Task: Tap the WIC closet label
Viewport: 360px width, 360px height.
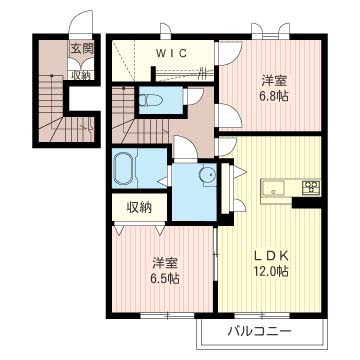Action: (x=160, y=52)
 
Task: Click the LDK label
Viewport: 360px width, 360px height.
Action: (x=270, y=253)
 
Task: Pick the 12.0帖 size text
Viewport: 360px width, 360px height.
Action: (x=270, y=269)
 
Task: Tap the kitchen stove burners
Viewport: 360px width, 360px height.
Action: (x=310, y=187)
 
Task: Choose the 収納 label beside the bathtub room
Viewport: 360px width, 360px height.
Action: (x=139, y=207)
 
